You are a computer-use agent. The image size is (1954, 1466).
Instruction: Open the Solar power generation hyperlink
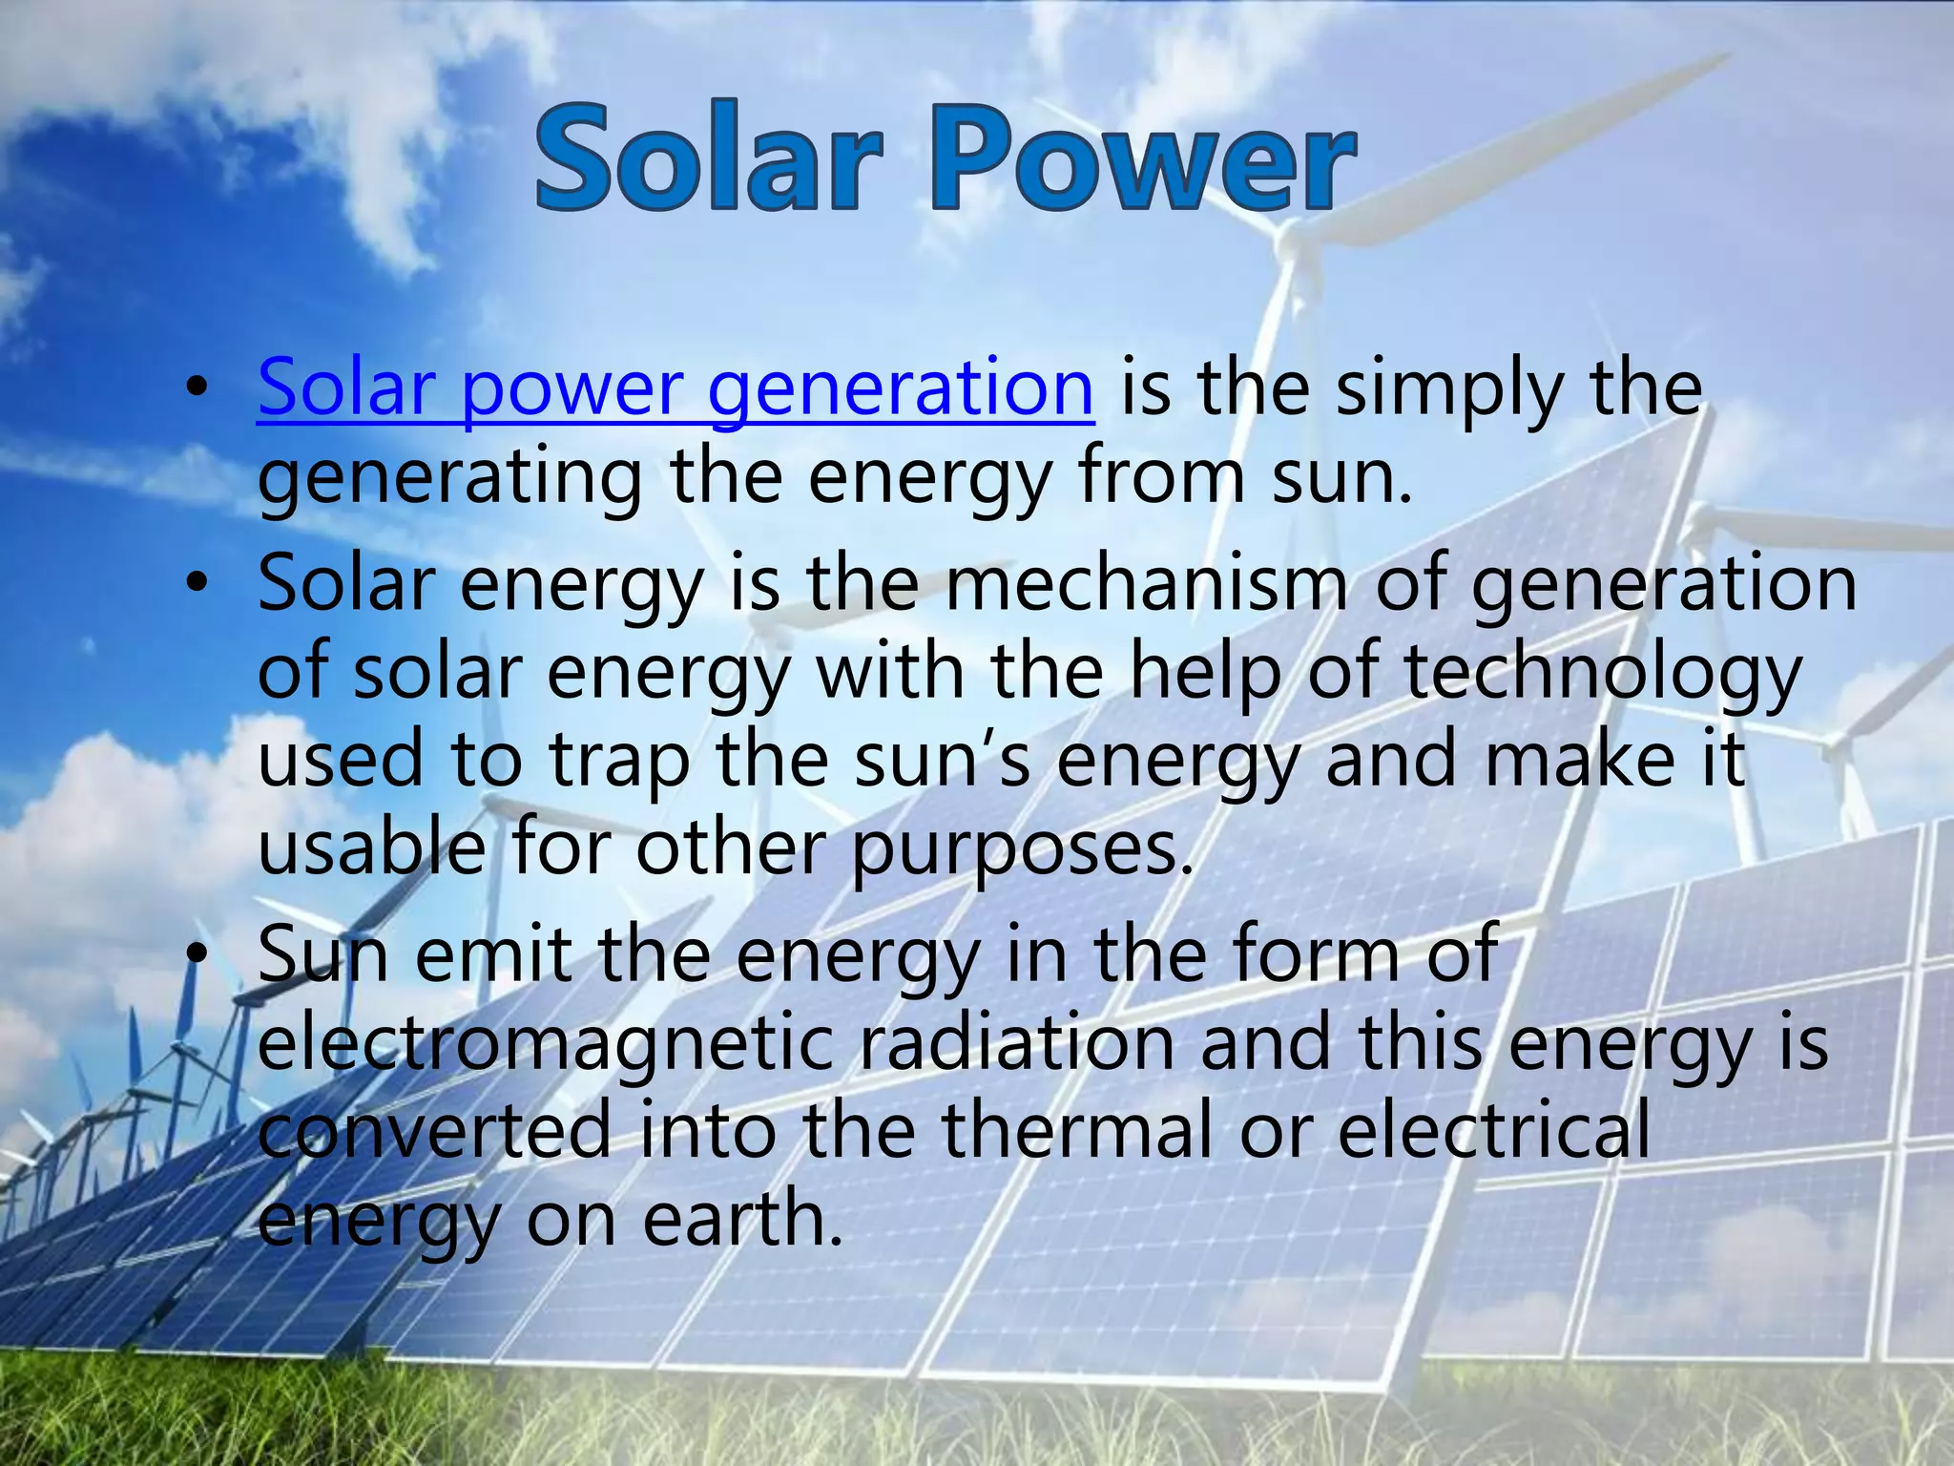(x=675, y=388)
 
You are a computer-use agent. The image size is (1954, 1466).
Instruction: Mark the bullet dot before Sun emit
(x=197, y=954)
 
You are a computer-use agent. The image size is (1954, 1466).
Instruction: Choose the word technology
(x=1602, y=672)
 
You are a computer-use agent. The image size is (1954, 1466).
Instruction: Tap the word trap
(x=619, y=761)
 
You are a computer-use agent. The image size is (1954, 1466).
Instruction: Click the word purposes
(x=1021, y=849)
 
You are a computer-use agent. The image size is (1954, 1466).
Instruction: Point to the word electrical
(x=1493, y=1130)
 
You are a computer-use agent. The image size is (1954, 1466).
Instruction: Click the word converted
(x=434, y=1130)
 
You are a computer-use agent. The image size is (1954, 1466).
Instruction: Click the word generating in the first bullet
(x=449, y=477)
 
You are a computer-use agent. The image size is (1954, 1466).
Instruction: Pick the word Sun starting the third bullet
(x=322, y=954)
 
